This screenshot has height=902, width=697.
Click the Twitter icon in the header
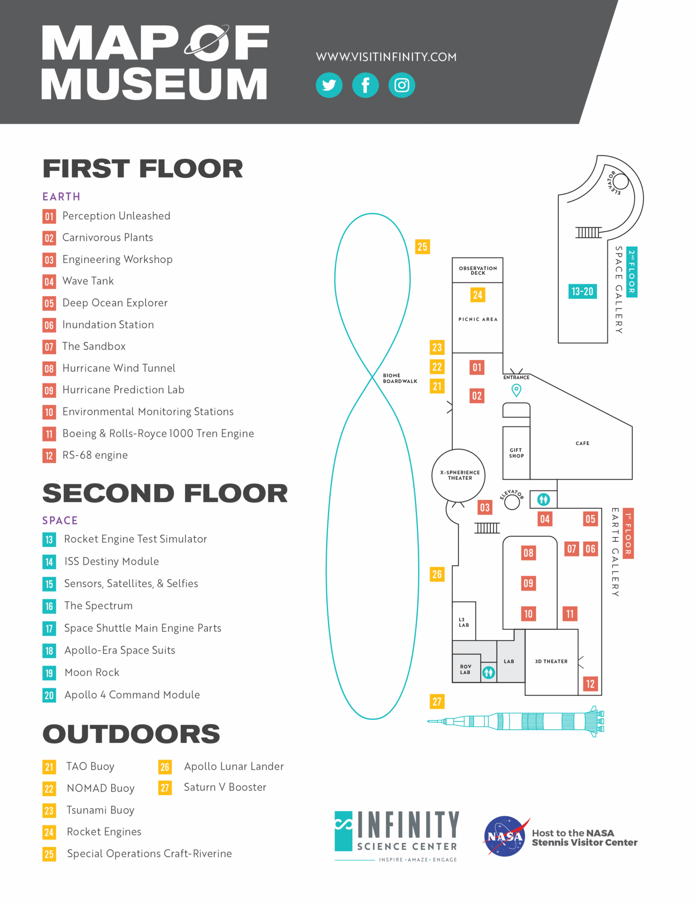(x=329, y=85)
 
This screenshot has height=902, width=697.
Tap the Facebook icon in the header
(x=365, y=85)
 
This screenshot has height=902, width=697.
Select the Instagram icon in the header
(x=402, y=85)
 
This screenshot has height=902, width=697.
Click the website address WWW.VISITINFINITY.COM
(x=386, y=57)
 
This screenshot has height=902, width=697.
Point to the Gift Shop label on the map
(x=516, y=453)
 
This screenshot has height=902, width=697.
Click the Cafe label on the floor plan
(x=582, y=443)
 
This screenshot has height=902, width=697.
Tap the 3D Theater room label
(x=551, y=661)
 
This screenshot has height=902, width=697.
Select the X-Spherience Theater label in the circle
(x=460, y=475)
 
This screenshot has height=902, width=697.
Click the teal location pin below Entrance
(x=516, y=390)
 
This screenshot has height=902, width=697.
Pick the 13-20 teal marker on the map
(x=582, y=291)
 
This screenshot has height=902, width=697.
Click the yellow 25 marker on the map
(x=422, y=247)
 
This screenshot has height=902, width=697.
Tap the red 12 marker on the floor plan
(x=590, y=684)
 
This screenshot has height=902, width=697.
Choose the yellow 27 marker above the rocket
(x=437, y=701)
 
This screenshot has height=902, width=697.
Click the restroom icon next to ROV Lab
(x=488, y=672)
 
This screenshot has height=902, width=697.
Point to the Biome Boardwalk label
(x=400, y=378)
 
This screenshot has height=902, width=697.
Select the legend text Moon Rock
(x=92, y=672)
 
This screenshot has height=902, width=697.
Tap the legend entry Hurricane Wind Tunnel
(x=119, y=368)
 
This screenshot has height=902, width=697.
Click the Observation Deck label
(x=478, y=271)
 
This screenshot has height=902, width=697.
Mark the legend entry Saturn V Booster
(x=225, y=787)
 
